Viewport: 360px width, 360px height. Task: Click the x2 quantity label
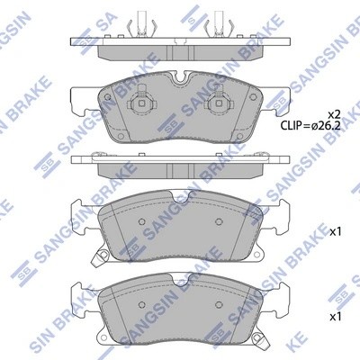333,113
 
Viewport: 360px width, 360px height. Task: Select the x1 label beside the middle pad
337,231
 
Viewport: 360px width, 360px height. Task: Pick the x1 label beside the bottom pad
337,317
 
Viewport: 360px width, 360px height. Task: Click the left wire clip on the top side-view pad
141,24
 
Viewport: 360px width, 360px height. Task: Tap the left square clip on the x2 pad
140,106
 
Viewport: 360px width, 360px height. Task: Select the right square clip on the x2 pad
217,106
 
